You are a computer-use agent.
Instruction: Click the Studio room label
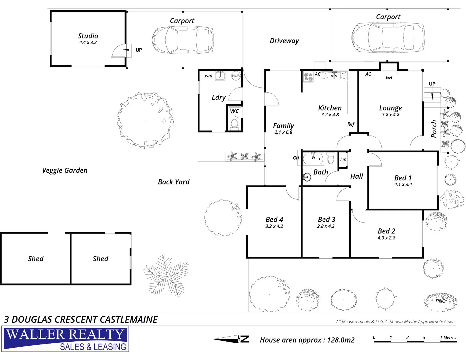tap(88, 36)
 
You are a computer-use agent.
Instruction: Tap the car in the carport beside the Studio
tap(183, 40)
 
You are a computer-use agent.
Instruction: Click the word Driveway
tap(284, 41)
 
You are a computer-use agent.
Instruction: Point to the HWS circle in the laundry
tap(236, 76)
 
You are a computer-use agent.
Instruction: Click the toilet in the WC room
tap(234, 124)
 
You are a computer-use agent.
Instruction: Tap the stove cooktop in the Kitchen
tap(308, 77)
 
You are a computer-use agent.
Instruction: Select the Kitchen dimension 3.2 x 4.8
tap(330, 115)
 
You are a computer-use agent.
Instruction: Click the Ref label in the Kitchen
tap(351, 124)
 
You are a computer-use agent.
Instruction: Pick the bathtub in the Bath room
tap(313, 159)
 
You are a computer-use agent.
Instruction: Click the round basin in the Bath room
tap(307, 177)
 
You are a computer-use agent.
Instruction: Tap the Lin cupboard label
tap(343, 160)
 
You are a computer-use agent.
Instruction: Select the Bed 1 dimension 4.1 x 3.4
tap(403, 184)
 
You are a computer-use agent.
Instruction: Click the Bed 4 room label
tap(274, 219)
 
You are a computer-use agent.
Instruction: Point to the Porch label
tap(434, 129)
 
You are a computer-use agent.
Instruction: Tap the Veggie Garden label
tap(65, 170)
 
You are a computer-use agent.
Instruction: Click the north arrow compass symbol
tap(231, 339)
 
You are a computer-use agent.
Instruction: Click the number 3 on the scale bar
tap(424, 337)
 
